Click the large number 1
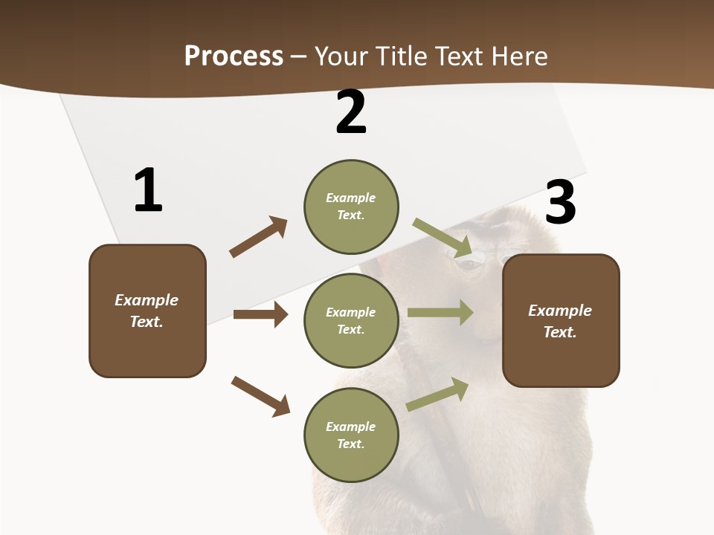click(148, 190)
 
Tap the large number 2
click(351, 112)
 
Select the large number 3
click(560, 202)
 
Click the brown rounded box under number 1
click(147, 311)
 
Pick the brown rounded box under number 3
click(561, 321)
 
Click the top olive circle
click(351, 207)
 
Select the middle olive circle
click(351, 320)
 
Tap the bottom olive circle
click(351, 435)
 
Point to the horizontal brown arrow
click(260, 314)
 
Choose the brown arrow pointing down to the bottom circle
click(260, 396)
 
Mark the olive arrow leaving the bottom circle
click(437, 394)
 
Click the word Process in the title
click(234, 56)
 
